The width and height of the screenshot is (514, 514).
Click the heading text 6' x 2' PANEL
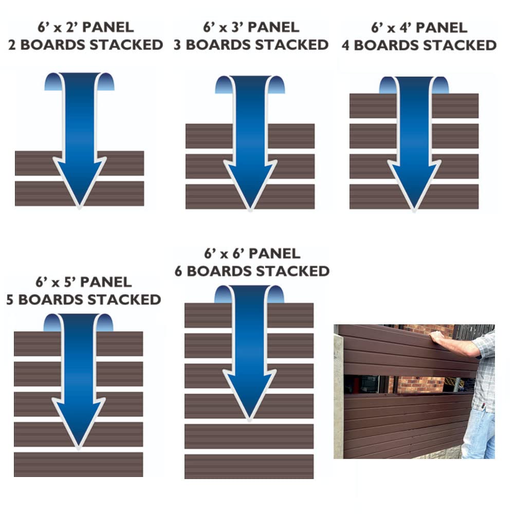tap(85, 27)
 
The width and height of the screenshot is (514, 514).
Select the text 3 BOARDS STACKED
tap(251, 45)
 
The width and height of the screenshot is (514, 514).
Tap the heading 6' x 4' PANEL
tap(419, 27)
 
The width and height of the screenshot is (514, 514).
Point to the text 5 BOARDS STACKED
tap(83, 299)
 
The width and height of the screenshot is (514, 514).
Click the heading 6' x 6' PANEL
tap(252, 253)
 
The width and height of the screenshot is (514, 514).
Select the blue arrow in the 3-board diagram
tap(250, 144)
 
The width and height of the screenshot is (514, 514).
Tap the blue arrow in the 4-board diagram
tap(414, 144)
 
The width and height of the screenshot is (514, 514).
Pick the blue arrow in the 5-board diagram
tap(79, 380)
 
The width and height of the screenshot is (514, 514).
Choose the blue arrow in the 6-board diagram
tap(249, 350)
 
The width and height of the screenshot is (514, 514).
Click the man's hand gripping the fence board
tap(437, 337)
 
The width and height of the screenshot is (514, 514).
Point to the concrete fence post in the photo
tap(338, 396)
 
